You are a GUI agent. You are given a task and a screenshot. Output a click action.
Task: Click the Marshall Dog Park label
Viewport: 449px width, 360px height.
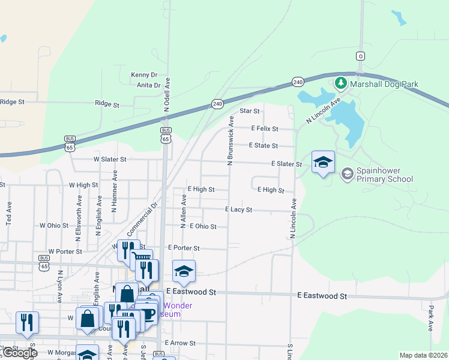point(385,85)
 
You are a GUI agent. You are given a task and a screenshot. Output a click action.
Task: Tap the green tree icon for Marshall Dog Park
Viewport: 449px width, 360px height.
point(341,82)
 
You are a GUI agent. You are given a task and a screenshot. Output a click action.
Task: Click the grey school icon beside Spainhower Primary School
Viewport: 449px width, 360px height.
point(346,174)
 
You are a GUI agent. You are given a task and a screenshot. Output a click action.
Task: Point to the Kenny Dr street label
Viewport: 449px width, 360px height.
point(144,75)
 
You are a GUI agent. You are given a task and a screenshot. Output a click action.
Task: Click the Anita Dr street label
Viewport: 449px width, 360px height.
point(149,85)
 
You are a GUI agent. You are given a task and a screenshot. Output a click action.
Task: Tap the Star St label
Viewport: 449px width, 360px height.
point(249,111)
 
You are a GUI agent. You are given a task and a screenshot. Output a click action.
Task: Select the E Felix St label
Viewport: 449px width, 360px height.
point(265,128)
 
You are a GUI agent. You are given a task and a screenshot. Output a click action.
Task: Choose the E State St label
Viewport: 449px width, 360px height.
point(264,146)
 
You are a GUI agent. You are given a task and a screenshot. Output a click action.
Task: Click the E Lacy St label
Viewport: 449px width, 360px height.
point(238,210)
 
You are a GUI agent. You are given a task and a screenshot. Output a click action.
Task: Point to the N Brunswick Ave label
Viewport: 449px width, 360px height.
point(229,142)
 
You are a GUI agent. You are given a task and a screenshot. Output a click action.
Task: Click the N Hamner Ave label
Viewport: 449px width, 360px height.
point(113,191)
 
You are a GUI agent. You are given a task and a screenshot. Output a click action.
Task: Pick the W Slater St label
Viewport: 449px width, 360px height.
point(110,160)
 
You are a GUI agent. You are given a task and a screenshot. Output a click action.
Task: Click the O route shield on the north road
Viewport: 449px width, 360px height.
point(360,56)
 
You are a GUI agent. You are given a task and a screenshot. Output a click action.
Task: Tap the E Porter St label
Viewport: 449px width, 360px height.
point(184,248)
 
